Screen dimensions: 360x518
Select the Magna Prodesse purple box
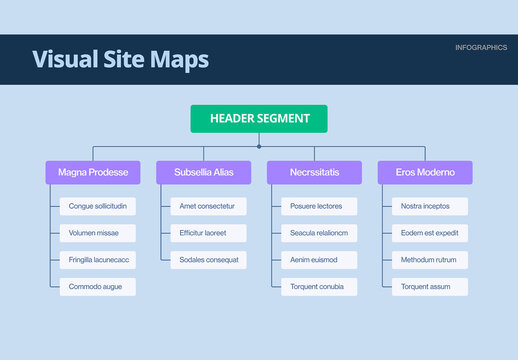click(x=93, y=173)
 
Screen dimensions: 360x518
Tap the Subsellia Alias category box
click(x=204, y=173)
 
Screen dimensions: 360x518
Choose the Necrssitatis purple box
click(x=315, y=173)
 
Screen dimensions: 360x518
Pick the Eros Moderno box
click(x=425, y=173)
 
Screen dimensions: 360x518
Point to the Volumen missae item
click(x=93, y=233)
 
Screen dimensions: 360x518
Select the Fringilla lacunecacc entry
click(x=98, y=260)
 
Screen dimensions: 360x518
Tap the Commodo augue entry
click(x=95, y=287)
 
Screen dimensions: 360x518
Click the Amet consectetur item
click(x=207, y=206)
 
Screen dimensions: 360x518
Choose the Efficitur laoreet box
click(x=203, y=233)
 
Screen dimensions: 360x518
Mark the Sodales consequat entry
click(x=208, y=260)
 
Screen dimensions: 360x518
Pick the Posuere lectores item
click(x=316, y=206)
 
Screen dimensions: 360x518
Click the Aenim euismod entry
click(x=314, y=260)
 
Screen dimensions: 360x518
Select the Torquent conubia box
click(x=317, y=287)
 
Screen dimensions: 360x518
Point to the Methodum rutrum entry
click(x=429, y=260)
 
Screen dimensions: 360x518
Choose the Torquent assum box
click(x=426, y=287)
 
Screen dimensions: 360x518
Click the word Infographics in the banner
click(x=480, y=48)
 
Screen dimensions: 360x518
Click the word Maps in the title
click(x=179, y=59)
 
